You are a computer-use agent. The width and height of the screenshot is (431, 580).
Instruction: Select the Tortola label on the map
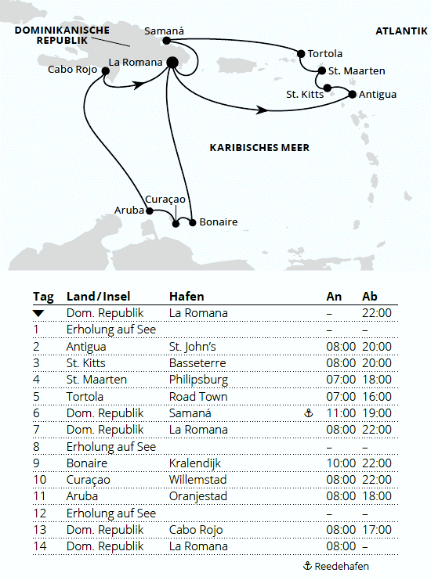[x=324, y=54]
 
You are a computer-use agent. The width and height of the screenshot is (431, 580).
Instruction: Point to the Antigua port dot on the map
[x=352, y=95]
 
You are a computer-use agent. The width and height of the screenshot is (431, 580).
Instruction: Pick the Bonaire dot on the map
[x=193, y=222]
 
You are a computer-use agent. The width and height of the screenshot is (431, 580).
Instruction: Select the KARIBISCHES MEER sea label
[x=259, y=147]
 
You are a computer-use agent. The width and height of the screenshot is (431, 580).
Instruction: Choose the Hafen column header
[x=187, y=296]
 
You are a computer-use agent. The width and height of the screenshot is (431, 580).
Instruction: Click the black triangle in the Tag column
[x=38, y=313]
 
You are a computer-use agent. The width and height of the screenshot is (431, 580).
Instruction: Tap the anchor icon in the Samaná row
[x=308, y=413]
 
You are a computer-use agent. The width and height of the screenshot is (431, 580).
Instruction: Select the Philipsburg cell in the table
[x=200, y=380]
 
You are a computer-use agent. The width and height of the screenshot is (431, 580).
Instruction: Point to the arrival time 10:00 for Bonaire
[x=341, y=463]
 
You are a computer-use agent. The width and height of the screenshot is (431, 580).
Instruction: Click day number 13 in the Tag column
[x=39, y=529]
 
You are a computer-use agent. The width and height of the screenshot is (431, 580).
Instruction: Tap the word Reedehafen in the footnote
[x=342, y=566]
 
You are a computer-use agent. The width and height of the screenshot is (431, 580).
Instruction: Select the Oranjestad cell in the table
[x=199, y=495]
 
